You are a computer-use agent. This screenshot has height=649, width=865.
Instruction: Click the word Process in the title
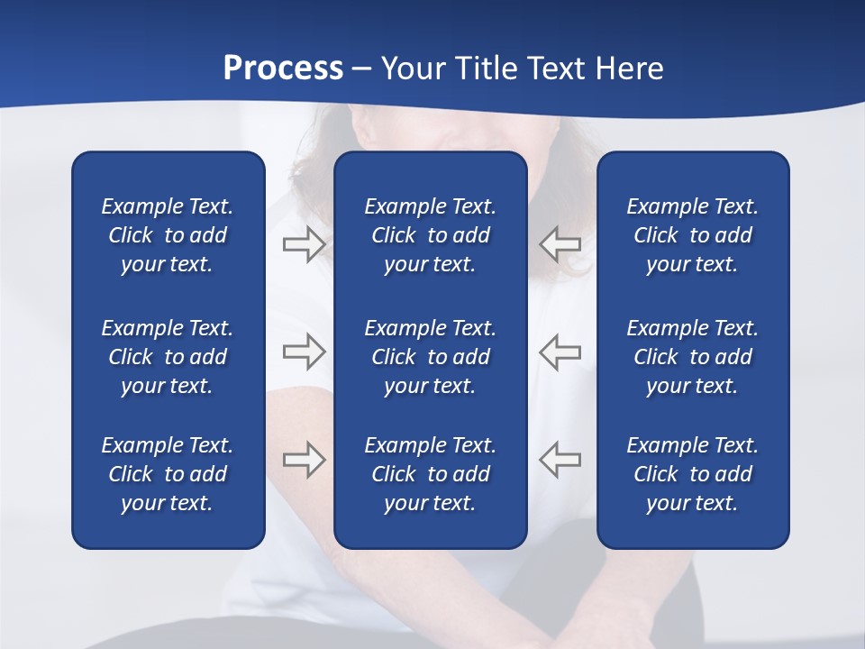click(x=283, y=69)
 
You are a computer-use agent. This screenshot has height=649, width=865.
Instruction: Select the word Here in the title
click(x=628, y=69)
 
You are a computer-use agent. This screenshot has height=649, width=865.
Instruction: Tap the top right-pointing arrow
click(x=305, y=244)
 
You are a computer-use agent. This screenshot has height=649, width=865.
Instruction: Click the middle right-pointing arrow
click(x=305, y=352)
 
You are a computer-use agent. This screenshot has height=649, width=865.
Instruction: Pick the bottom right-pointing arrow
click(x=305, y=460)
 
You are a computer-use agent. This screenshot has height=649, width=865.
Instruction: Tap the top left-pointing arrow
click(x=560, y=244)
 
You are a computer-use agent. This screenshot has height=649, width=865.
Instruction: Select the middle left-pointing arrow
click(x=560, y=352)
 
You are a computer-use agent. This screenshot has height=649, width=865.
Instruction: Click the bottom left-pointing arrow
click(x=560, y=460)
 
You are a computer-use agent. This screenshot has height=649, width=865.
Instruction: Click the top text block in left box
click(x=168, y=235)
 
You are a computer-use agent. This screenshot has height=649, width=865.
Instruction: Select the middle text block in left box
click(x=168, y=357)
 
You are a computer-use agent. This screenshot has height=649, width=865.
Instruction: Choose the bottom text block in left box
click(x=168, y=474)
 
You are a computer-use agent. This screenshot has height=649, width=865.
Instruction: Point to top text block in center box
click(x=430, y=235)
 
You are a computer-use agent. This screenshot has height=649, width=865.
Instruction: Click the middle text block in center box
click(x=430, y=357)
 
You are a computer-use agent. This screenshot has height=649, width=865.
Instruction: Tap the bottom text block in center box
click(x=430, y=474)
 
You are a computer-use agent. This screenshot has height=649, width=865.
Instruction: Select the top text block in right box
click(x=692, y=235)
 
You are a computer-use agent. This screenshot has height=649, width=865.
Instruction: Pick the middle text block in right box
click(x=692, y=357)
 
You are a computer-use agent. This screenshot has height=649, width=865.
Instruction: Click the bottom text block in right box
click(x=692, y=474)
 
